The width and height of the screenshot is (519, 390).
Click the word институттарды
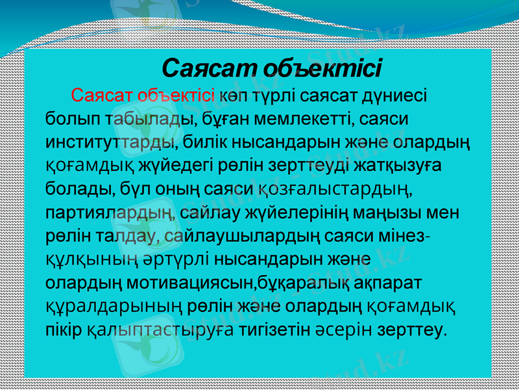point(112,142)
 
